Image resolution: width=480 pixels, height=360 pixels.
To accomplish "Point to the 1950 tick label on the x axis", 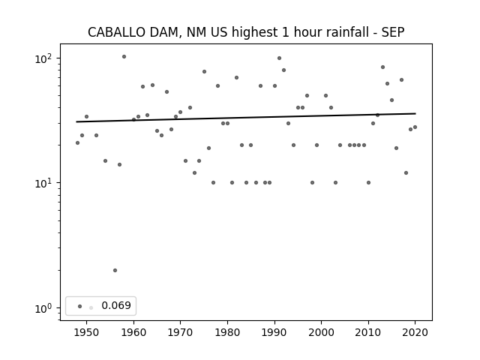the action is coord(87,333).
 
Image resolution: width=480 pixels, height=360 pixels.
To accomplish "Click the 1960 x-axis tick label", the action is coord(133,333).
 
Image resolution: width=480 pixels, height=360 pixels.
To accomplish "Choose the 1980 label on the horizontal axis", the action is coord(227,333).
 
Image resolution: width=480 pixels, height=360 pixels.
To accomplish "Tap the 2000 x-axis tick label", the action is coord(322,333).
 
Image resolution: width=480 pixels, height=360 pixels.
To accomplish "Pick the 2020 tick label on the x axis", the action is coord(415,333).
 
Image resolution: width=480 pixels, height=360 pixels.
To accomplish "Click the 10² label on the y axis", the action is coord(43,58).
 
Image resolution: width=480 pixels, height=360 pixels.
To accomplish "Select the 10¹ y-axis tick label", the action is coord(43,183).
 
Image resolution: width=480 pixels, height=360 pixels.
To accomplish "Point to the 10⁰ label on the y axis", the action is coord(43,308).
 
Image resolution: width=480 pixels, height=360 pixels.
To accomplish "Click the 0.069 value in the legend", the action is coord(116,305).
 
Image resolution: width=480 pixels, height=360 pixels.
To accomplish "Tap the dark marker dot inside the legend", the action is coord(80,306).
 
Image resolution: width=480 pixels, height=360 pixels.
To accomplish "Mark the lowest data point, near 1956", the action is coord(115,270).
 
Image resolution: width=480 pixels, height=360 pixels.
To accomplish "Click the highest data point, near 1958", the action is coord(124,57).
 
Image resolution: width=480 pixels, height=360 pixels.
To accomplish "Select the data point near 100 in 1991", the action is coord(279,58).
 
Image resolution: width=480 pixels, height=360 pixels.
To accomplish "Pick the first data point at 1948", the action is coord(77,143).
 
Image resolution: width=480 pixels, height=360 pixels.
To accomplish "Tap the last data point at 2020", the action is coord(415,127).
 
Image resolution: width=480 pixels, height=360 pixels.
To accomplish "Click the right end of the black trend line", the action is coord(415,113).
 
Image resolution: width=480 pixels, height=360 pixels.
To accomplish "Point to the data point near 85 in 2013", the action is coord(382,67).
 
